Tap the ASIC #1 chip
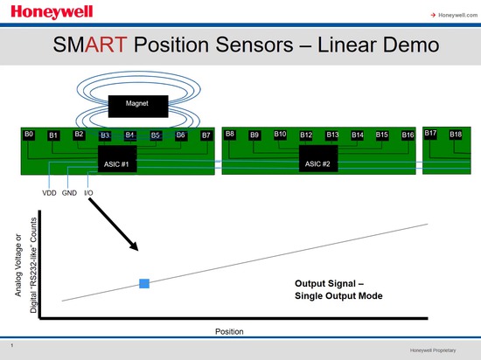coord(116,163)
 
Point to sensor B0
coord(29,135)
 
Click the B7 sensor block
coord(206,135)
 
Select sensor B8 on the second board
coord(230,135)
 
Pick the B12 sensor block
coord(306,135)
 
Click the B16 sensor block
coord(408,135)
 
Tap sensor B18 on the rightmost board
coord(456,135)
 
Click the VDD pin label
coord(50,192)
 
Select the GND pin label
coord(70,192)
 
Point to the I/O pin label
coord(89,192)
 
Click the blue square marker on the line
coord(144,282)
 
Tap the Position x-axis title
coord(229,332)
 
